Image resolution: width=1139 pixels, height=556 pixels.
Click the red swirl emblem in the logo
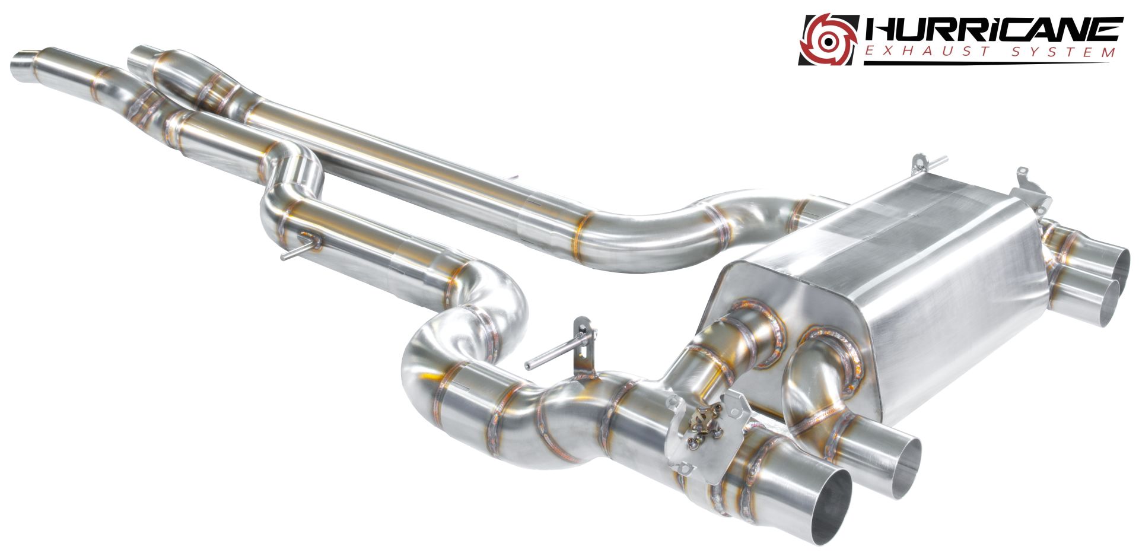pyautogui.click(x=829, y=39)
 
